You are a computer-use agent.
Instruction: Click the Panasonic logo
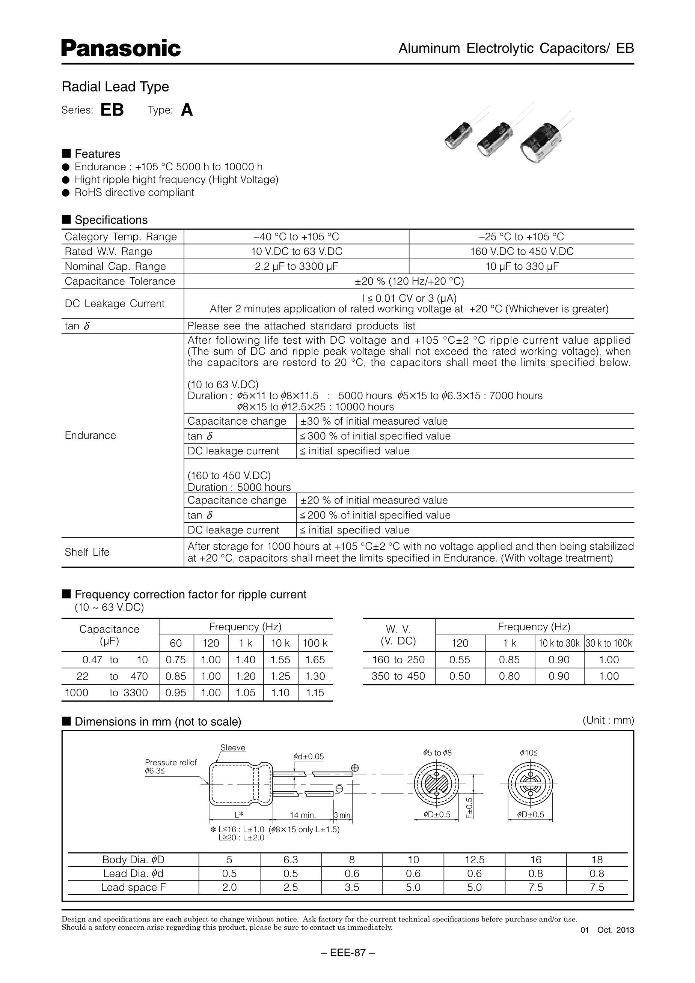[121, 48]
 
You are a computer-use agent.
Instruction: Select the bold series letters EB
[112, 110]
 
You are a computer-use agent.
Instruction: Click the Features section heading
[97, 154]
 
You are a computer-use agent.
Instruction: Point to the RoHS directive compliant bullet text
[134, 193]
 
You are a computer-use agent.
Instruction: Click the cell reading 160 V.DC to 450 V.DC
[522, 251]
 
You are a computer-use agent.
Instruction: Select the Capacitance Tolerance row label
[120, 281]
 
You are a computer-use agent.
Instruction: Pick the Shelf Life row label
[87, 552]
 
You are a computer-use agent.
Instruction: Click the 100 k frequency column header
[315, 643]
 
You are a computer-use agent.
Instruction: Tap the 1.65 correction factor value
[315, 660]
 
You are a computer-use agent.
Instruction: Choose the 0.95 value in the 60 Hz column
[176, 693]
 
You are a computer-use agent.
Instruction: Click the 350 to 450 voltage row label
[398, 676]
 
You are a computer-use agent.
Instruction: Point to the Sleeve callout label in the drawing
[233, 748]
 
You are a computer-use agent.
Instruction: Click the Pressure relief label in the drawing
[170, 762]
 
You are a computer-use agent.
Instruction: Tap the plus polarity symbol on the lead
[355, 768]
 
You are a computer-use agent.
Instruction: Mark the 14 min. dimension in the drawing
[303, 815]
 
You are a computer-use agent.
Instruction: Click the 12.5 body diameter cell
[474, 860]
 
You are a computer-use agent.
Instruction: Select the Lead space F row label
[133, 887]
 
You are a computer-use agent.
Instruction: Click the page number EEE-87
[348, 953]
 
